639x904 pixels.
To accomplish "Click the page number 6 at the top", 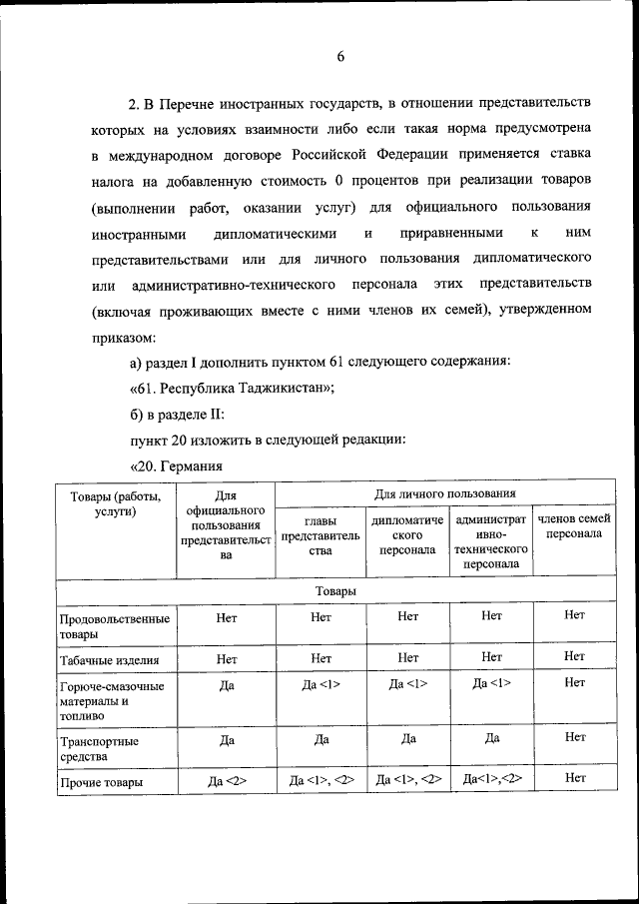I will (x=339, y=57).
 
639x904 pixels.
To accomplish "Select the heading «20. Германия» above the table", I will (x=176, y=466).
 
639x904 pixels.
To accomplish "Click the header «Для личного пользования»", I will (x=444, y=493).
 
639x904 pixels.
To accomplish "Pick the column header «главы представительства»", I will (x=319, y=534).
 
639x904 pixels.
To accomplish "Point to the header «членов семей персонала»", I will (x=574, y=526).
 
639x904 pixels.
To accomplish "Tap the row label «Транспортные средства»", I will (x=99, y=749).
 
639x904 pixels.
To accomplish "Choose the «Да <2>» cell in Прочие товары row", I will (x=226, y=781).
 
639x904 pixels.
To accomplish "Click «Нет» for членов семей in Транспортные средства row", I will (x=574, y=737).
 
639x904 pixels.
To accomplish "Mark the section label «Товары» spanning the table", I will (x=335, y=591).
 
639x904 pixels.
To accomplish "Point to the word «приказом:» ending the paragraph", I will (x=123, y=337).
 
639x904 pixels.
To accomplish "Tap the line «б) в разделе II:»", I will (x=177, y=415).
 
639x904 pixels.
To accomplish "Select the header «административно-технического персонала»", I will (x=490, y=541).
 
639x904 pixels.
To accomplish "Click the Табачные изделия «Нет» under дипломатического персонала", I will (x=407, y=657).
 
